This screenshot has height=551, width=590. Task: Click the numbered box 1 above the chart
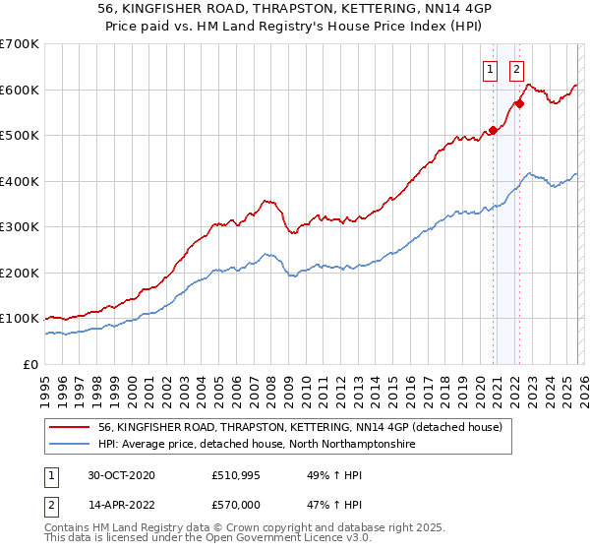(490, 69)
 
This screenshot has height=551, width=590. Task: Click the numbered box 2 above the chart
(516, 69)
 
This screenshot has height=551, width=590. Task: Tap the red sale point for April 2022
(518, 103)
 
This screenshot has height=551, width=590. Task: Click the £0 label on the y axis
(31, 364)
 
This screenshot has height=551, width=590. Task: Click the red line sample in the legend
(71, 427)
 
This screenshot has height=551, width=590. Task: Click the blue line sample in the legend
(71, 445)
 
